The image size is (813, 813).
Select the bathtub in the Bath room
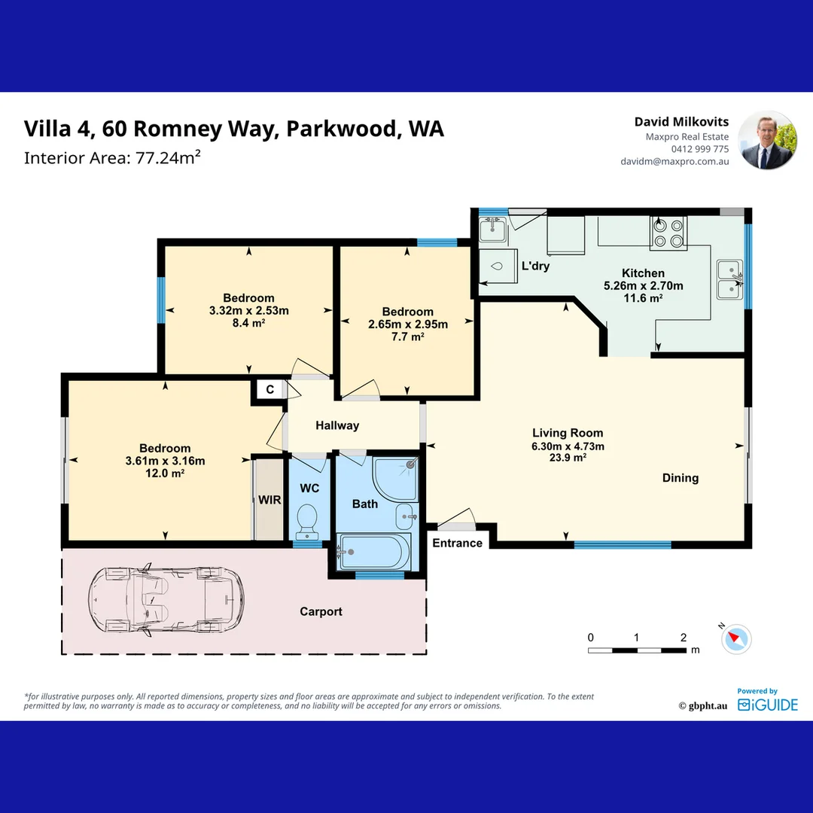tap(374, 551)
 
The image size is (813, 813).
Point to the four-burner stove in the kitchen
tap(668, 233)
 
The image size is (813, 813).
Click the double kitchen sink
tap(729, 279)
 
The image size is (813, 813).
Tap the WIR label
tap(269, 500)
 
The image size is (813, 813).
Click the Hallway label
tap(336, 425)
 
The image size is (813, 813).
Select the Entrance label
tap(457, 543)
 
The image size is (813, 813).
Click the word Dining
tap(680, 478)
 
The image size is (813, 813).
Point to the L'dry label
tap(535, 266)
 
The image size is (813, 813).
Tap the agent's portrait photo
tap(766, 141)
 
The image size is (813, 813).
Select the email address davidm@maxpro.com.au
tap(674, 161)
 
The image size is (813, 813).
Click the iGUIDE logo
tap(767, 705)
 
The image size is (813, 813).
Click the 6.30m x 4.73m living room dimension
tap(568, 446)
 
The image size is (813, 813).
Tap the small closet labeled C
tap(269, 389)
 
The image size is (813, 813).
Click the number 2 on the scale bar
tap(683, 638)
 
